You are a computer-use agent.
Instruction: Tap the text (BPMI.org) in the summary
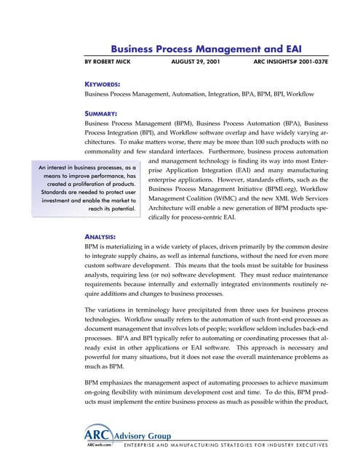285,198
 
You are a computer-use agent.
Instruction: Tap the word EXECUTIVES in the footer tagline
308,444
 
